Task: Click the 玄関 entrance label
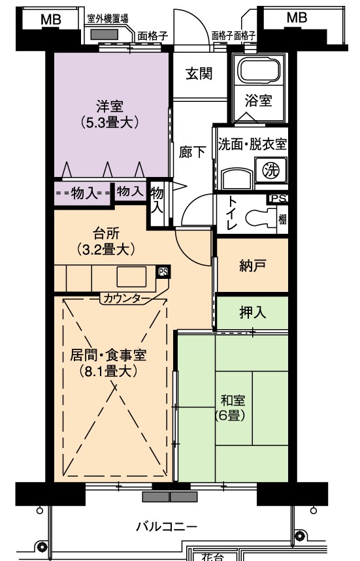click(199, 74)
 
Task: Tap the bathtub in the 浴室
click(259, 71)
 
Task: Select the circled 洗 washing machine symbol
click(271, 170)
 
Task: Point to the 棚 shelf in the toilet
click(282, 219)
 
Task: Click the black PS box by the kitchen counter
click(163, 272)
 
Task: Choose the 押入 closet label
click(252, 312)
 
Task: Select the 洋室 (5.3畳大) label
click(109, 114)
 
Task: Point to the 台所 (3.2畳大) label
click(106, 241)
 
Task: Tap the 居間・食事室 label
click(108, 355)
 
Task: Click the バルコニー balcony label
click(167, 526)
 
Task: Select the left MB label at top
click(51, 19)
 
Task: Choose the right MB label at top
click(297, 17)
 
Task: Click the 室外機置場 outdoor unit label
click(108, 18)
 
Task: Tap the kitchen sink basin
click(131, 277)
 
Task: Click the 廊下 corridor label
click(192, 152)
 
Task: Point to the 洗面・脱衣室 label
click(253, 144)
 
